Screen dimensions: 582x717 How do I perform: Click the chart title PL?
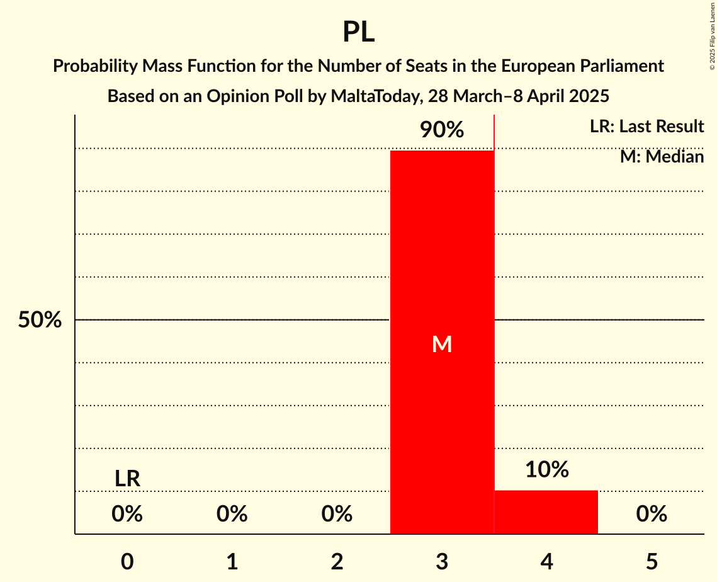358,31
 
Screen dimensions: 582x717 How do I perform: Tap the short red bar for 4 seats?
546,512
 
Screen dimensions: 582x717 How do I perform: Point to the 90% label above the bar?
442,130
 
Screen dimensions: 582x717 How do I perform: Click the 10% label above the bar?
546,469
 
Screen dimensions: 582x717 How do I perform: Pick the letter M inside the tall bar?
442,344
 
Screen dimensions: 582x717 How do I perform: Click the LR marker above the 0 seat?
127,479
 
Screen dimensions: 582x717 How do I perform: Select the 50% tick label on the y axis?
40,320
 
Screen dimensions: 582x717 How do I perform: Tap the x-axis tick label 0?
127,562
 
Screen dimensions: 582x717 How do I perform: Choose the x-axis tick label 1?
232,562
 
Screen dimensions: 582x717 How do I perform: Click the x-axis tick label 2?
337,562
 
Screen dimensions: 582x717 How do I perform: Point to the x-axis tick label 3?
442,562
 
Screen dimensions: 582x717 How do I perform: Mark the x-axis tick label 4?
546,562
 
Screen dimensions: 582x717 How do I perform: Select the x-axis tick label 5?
652,562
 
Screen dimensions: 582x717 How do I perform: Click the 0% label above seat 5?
652,515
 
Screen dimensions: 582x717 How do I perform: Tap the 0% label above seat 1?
232,515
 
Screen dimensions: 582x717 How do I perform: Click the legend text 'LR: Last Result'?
646,127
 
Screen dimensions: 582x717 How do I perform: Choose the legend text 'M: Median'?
662,156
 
